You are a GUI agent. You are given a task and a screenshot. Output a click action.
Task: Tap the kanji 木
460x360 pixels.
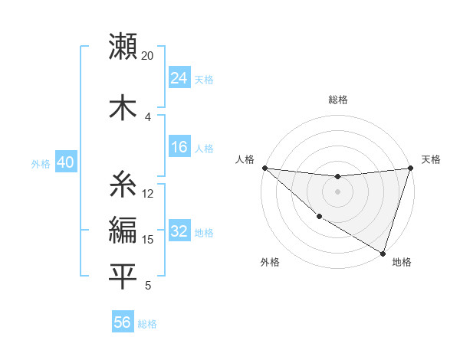(x=123, y=106)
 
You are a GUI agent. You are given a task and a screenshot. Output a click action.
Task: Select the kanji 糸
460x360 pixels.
(x=123, y=184)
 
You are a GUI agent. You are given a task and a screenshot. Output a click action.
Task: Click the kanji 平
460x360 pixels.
(x=123, y=276)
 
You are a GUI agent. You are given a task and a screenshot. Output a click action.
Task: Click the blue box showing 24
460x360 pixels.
(x=179, y=78)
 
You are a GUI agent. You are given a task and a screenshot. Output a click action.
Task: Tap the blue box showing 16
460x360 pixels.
(x=179, y=147)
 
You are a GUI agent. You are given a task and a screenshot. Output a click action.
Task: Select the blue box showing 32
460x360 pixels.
(x=179, y=231)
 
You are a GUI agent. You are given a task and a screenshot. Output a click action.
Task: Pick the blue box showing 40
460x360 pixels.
(x=64, y=163)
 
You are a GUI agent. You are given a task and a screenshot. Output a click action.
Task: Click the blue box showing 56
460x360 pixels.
(x=123, y=322)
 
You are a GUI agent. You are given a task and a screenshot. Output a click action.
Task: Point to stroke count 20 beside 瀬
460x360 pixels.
(x=147, y=56)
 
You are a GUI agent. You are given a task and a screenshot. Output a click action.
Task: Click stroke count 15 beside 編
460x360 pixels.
(x=148, y=240)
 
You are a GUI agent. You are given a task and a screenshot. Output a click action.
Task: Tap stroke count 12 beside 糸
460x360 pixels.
(x=148, y=194)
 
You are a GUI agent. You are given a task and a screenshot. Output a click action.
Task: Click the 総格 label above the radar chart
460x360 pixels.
(x=338, y=100)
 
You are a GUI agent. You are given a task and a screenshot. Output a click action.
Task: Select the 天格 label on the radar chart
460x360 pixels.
(x=431, y=159)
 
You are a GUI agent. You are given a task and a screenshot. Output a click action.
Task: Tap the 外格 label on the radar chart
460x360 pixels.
(x=270, y=262)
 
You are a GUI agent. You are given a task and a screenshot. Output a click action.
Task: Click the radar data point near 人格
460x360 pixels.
(x=264, y=168)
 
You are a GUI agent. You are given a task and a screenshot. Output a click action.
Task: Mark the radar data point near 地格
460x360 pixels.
(x=383, y=252)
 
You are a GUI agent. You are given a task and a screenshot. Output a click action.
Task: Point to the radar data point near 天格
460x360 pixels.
(x=410, y=168)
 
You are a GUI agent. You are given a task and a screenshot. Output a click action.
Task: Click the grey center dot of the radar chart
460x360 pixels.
(x=337, y=191)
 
